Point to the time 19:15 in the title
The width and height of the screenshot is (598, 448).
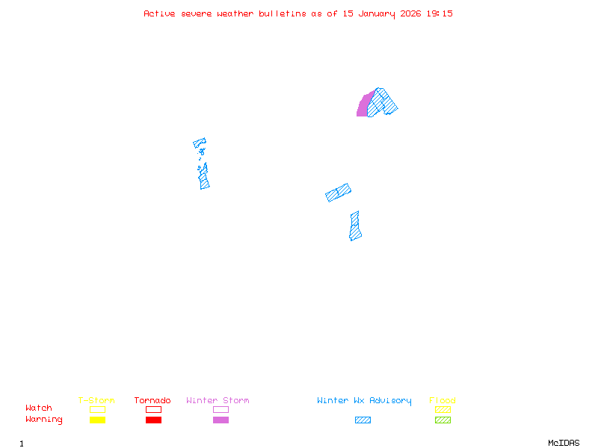pyautogui.click(x=440, y=13)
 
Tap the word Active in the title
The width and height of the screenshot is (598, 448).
pyautogui.click(x=160, y=13)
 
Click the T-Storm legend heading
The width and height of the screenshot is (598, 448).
pyautogui.click(x=96, y=401)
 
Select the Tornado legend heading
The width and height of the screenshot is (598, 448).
pyautogui.click(x=152, y=401)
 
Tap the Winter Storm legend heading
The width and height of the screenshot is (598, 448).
pyautogui.click(x=218, y=401)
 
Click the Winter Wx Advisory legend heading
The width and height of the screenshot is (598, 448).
pyautogui.click(x=364, y=401)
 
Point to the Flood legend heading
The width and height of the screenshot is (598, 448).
pyautogui.click(x=443, y=401)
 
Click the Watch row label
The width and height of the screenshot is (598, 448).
pyautogui.click(x=39, y=408)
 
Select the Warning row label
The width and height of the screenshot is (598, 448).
pyautogui.click(x=44, y=420)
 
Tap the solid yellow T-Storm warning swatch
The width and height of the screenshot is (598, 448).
pyautogui.click(x=97, y=420)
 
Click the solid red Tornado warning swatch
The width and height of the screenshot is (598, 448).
pyautogui.click(x=153, y=420)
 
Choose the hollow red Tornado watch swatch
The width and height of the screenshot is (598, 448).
pyautogui.click(x=153, y=409)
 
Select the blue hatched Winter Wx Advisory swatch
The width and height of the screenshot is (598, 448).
pyautogui.click(x=363, y=420)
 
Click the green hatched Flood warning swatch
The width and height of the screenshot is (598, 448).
pyautogui.click(x=443, y=420)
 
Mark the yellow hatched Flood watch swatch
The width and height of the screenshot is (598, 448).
pyautogui.click(x=443, y=409)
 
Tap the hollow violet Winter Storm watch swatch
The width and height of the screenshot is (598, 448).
pyautogui.click(x=221, y=409)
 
